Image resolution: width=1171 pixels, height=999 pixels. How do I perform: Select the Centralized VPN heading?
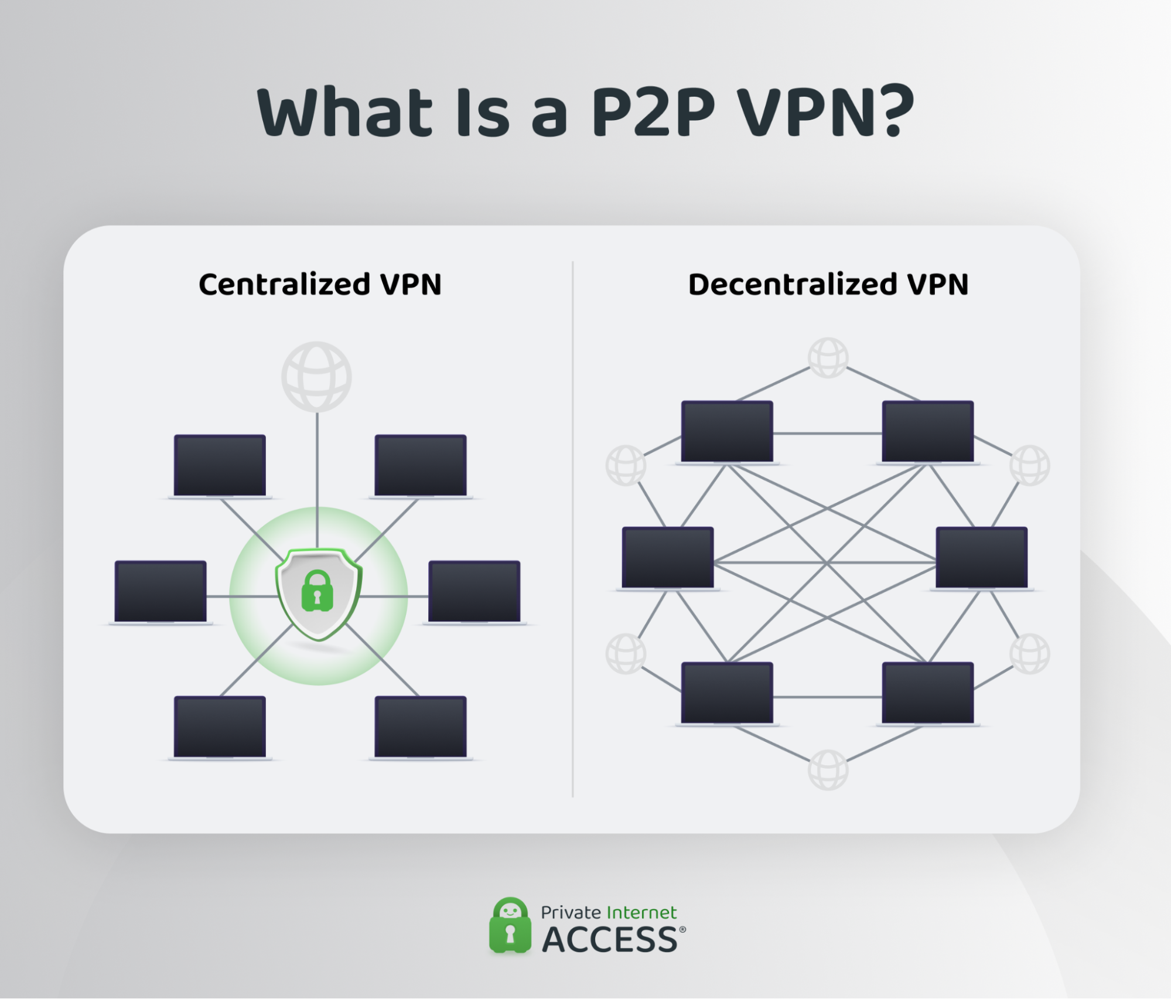pyautogui.click(x=320, y=285)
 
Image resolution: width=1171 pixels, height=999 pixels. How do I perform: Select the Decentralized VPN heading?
pyautogui.click(x=828, y=285)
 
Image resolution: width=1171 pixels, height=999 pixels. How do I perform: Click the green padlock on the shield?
pyautogui.click(x=317, y=591)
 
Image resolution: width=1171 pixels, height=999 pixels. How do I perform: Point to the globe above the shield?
pyautogui.click(x=316, y=376)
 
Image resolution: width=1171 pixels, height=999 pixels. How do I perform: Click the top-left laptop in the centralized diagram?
pyautogui.click(x=220, y=466)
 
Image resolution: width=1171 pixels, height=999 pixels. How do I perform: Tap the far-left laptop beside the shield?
pyautogui.click(x=161, y=592)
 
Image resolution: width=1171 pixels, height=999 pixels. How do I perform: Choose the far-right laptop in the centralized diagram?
pyautogui.click(x=474, y=592)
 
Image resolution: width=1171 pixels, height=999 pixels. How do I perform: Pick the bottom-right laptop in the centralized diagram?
pyautogui.click(x=421, y=727)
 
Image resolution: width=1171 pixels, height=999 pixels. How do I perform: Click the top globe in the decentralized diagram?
pyautogui.click(x=828, y=357)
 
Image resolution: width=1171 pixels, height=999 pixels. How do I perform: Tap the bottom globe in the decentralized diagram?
pyautogui.click(x=828, y=770)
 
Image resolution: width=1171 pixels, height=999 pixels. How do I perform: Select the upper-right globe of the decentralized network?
pyautogui.click(x=1030, y=465)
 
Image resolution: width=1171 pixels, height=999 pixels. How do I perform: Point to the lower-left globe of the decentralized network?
pyautogui.click(x=626, y=653)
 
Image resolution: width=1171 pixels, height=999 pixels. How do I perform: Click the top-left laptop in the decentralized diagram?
pyautogui.click(x=727, y=432)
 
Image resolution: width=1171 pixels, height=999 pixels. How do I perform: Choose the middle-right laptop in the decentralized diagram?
pyautogui.click(x=981, y=558)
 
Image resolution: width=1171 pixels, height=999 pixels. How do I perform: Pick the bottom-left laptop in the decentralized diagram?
pyautogui.click(x=727, y=693)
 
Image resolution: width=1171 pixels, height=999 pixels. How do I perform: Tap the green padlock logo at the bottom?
pyautogui.click(x=510, y=925)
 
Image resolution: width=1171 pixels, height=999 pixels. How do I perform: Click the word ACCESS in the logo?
pyautogui.click(x=609, y=940)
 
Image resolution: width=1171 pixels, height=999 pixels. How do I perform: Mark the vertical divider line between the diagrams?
pyautogui.click(x=572, y=527)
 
